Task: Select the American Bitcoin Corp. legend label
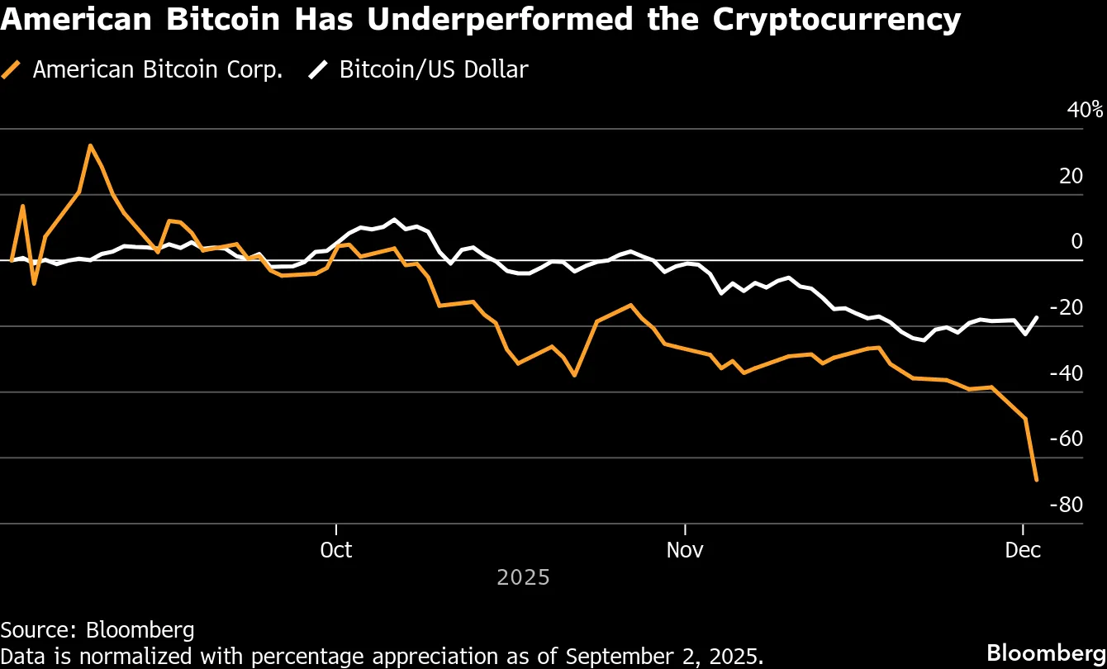[158, 69]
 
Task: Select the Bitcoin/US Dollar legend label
[434, 69]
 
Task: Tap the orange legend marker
[12, 70]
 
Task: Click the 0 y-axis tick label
[1076, 241]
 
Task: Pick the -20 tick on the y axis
[1066, 307]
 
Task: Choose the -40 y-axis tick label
[1066, 372]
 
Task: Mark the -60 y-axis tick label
[1066, 438]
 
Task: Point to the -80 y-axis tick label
[1066, 504]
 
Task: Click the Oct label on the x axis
[336, 549]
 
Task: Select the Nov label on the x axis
[685, 549]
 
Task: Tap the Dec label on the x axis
[1024, 549]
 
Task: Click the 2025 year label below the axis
[523, 576]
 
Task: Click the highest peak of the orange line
[90, 146]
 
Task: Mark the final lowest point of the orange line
[1037, 480]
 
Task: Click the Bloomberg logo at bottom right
[1046, 649]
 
